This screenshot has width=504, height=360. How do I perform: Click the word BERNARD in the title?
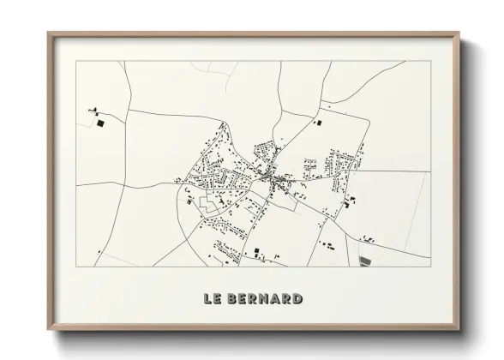click(x=266, y=299)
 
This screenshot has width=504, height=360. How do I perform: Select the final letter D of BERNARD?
click(x=297, y=299)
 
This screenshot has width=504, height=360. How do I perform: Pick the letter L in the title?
click(x=208, y=299)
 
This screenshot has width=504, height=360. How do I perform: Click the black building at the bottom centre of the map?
click(x=255, y=251)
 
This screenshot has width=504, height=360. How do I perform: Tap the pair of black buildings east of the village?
click(x=351, y=201)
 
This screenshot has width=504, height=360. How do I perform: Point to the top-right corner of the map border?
click(x=430, y=61)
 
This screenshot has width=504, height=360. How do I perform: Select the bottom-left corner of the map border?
click(x=76, y=267)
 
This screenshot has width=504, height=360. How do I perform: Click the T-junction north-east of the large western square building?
click(x=128, y=111)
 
